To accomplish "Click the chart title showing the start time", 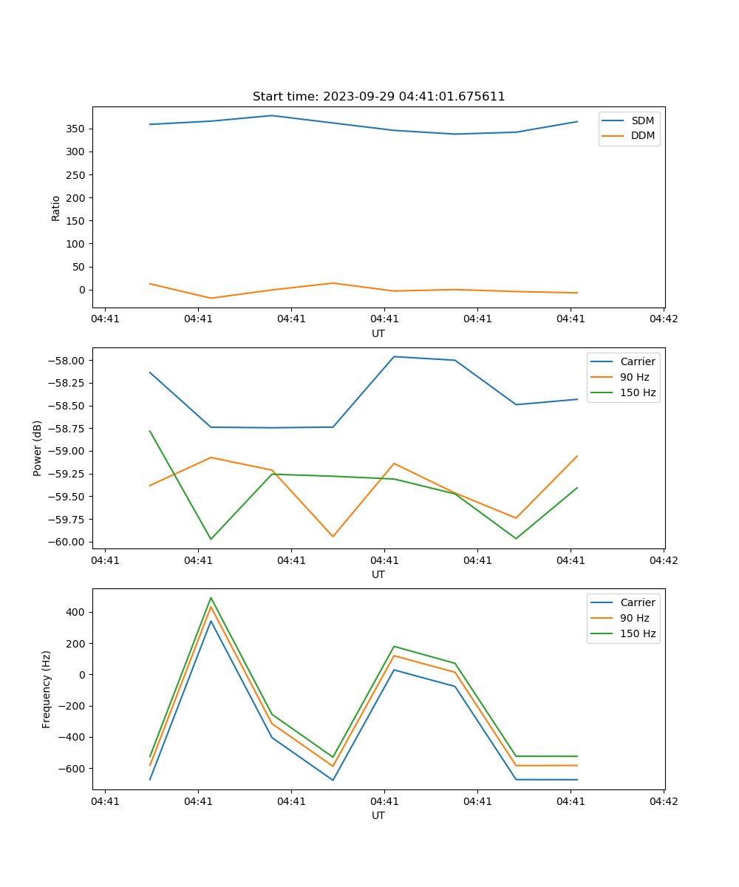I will tap(378, 97).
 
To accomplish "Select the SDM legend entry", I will tap(642, 120).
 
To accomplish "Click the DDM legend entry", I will tap(642, 135).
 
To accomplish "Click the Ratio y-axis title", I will tap(56, 208).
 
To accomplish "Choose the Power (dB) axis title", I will tap(38, 448).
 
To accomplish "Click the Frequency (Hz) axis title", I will tap(47, 689).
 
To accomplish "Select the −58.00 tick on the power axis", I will tap(66, 361).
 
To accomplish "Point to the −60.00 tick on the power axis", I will tap(66, 542).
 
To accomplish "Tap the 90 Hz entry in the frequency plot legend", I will tap(635, 618).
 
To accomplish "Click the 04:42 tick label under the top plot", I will tap(663, 319).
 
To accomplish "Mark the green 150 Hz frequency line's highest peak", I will tap(211, 598).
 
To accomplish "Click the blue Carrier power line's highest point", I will tap(394, 357).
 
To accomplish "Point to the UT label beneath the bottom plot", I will tap(378, 815).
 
